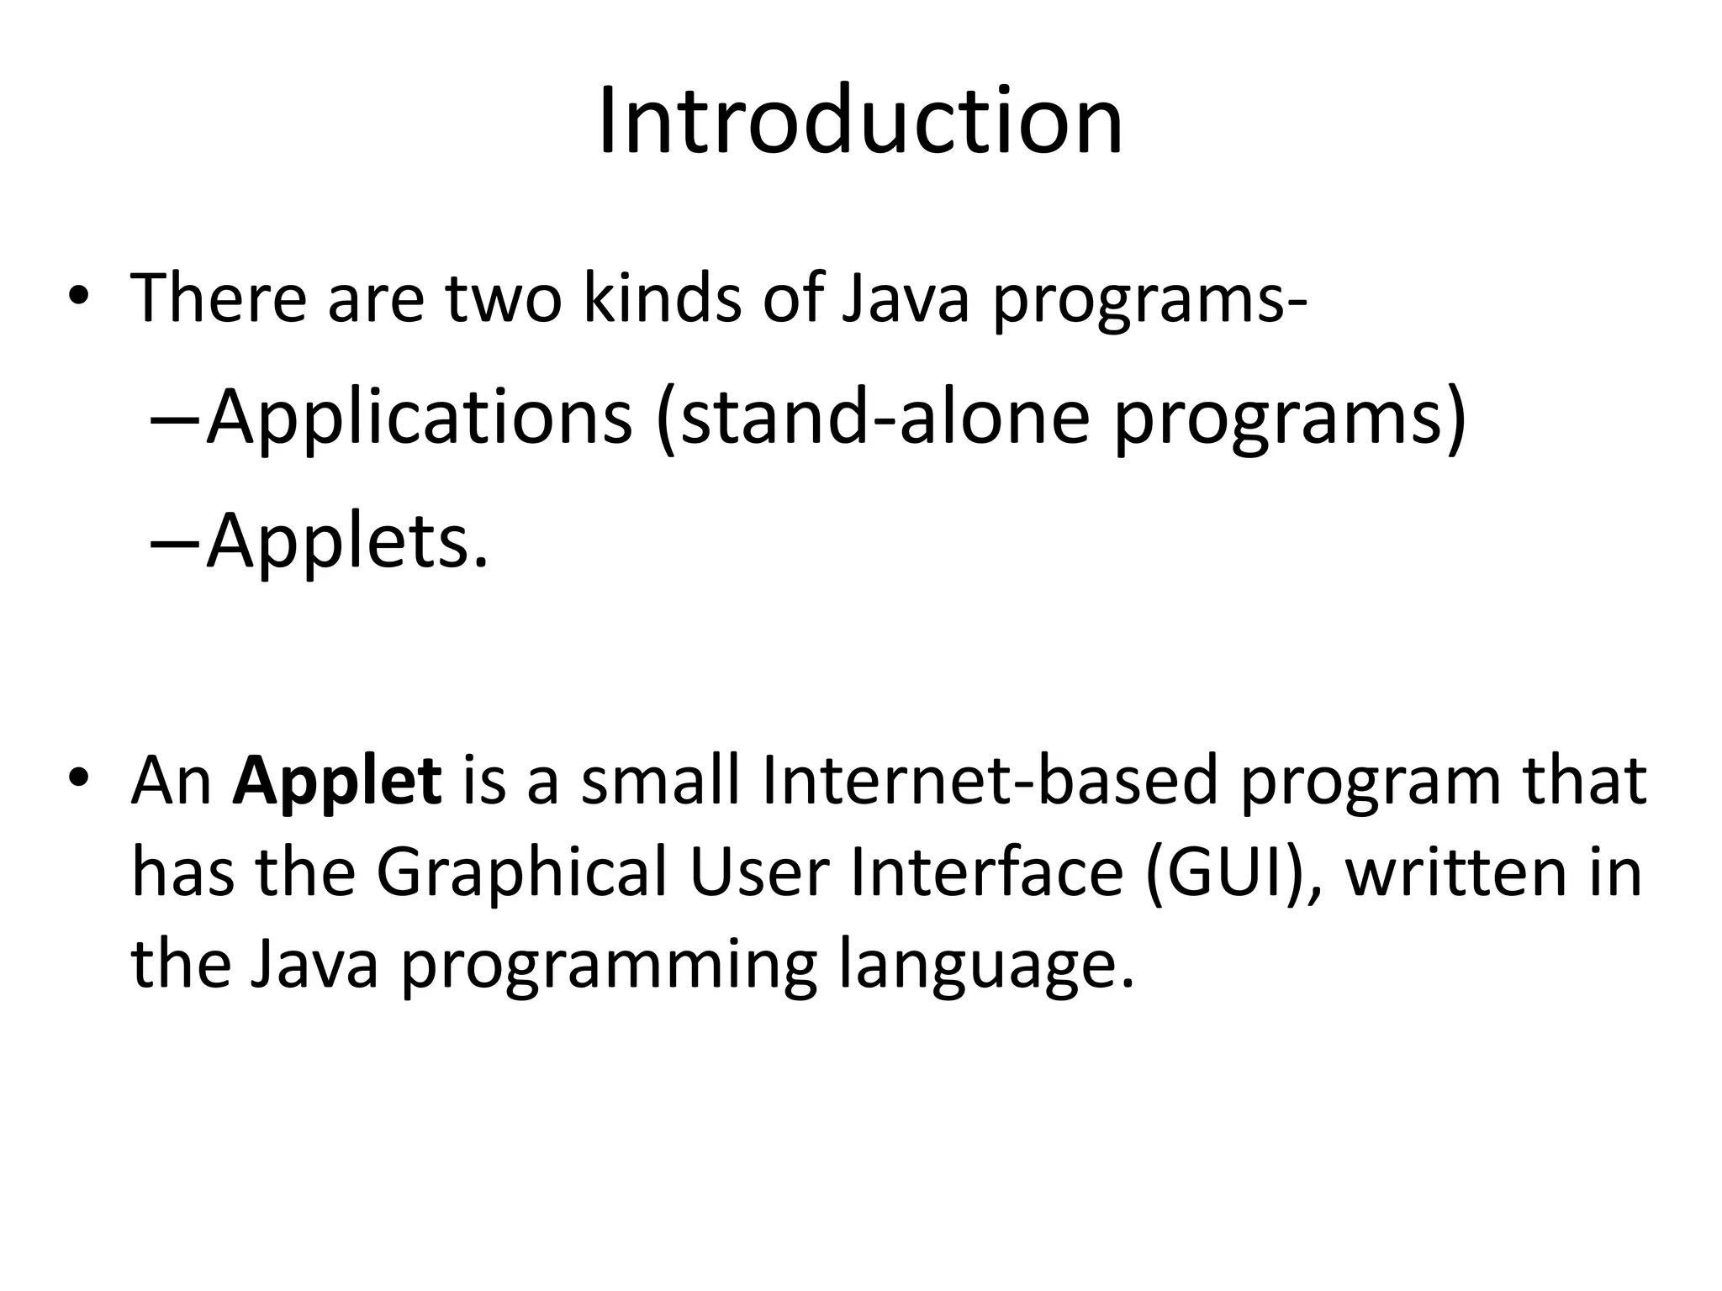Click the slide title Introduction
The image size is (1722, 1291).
[860, 123]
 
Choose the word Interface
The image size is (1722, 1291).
[986, 872]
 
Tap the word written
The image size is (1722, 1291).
[1450, 872]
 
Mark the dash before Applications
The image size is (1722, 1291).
[175, 419]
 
